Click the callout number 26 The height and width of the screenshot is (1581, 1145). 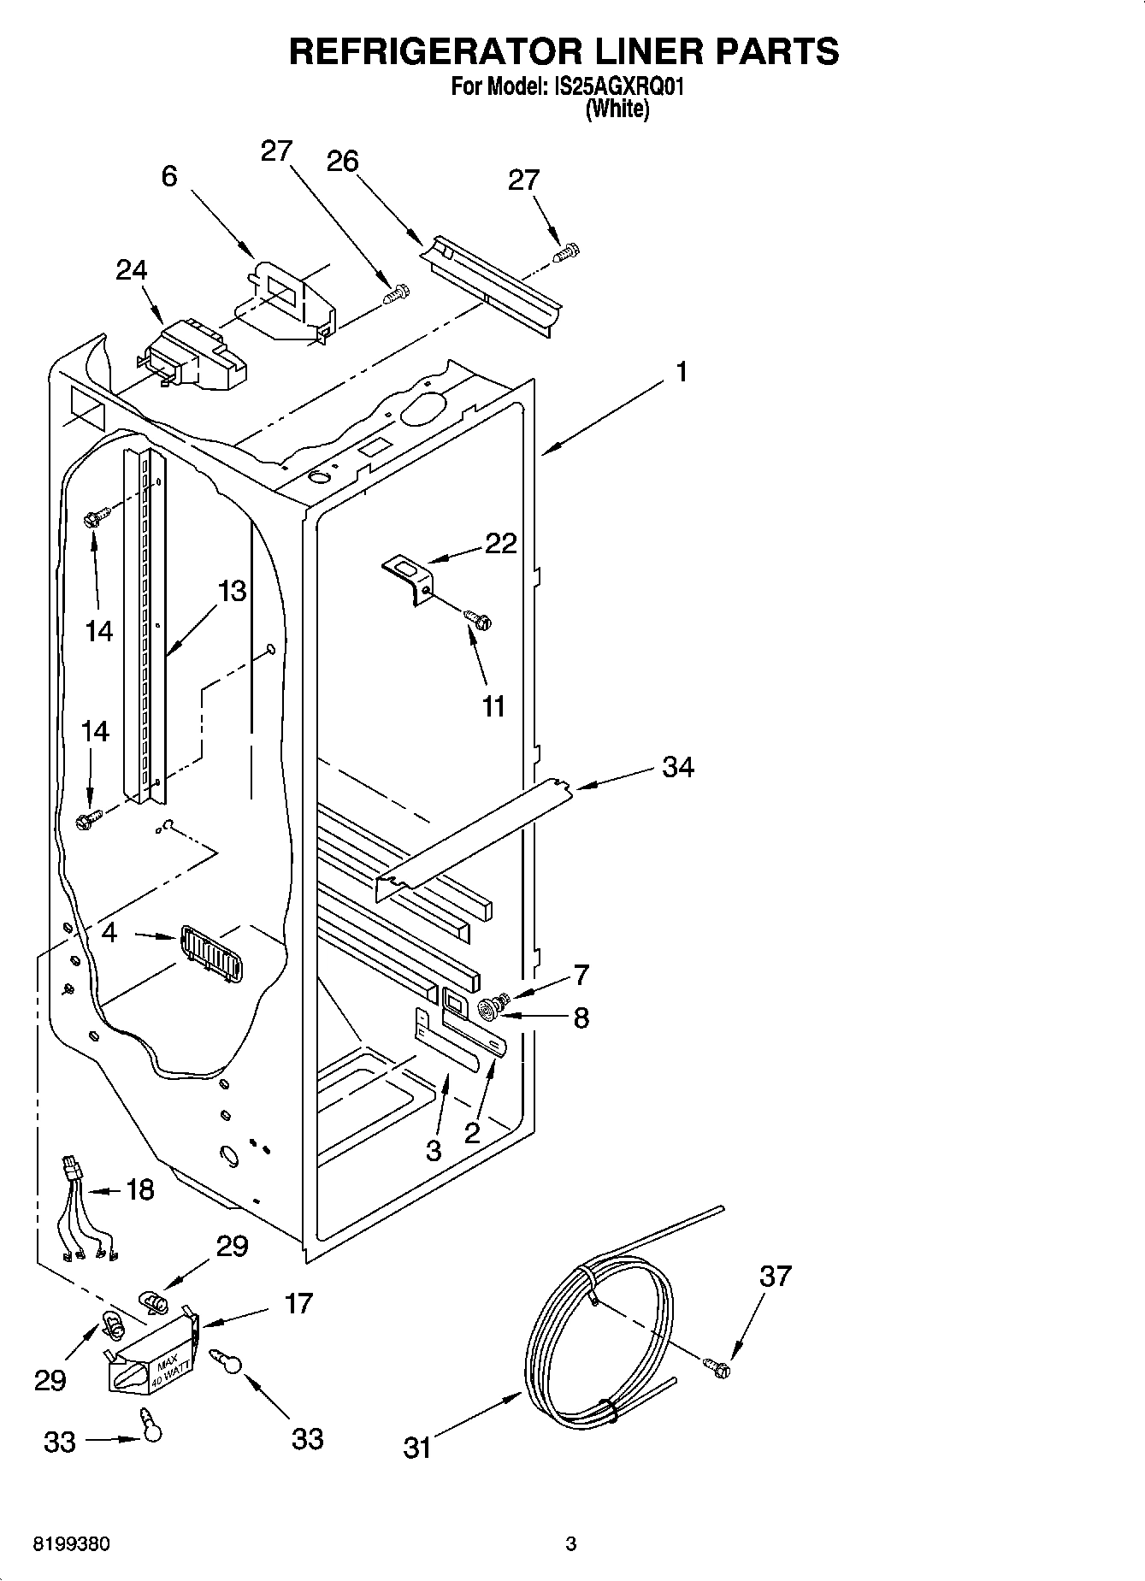pos(343,162)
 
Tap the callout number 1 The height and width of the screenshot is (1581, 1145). pos(682,372)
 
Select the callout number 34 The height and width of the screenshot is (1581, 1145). pos(678,767)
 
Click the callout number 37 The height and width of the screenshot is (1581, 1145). pos(775,1276)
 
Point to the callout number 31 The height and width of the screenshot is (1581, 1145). pos(417,1448)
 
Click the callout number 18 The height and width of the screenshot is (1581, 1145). pos(140,1189)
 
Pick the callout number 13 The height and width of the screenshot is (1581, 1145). pos(232,591)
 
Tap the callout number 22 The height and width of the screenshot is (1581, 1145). pos(501,543)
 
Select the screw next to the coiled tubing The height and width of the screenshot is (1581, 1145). pos(717,1368)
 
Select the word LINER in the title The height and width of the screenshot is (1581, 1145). pos(625,51)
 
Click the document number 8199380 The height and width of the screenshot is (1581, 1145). pos(71,1544)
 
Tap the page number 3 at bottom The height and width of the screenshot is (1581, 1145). pos(570,1544)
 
